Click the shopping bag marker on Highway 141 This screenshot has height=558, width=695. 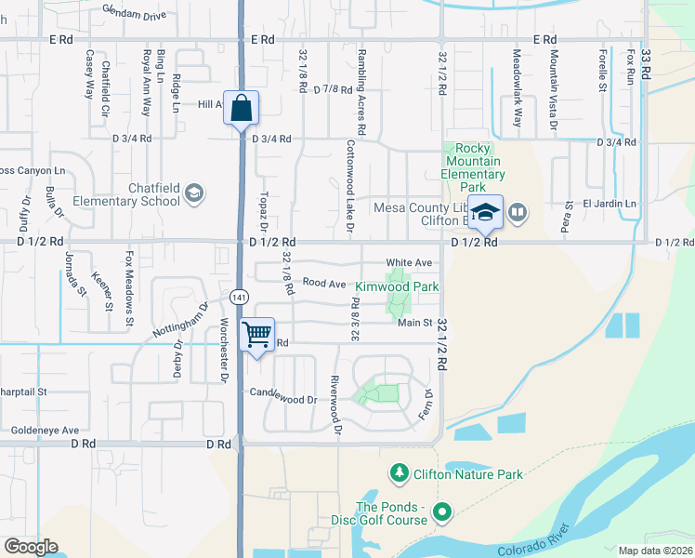click(x=241, y=108)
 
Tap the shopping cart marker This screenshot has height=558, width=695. click(x=256, y=334)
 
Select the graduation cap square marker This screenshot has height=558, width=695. click(x=484, y=213)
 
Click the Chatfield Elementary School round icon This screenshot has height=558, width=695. click(x=194, y=193)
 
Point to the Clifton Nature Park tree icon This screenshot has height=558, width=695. click(x=400, y=474)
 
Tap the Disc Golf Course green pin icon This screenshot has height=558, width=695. click(x=442, y=511)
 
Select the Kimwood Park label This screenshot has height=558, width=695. click(x=398, y=287)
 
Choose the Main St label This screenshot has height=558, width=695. click(x=415, y=323)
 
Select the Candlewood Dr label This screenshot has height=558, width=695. click(x=283, y=400)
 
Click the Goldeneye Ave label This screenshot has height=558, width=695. click(x=46, y=431)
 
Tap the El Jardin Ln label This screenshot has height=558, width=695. click(x=610, y=203)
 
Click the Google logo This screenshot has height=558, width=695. click(x=31, y=547)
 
